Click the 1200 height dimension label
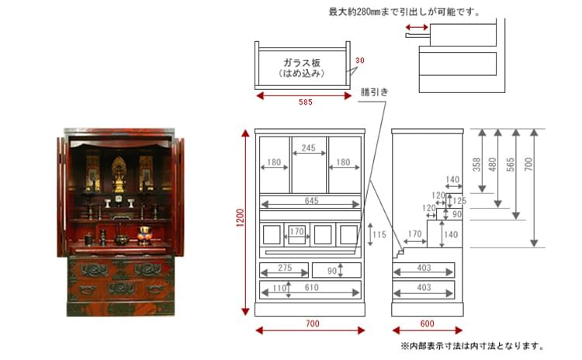241,218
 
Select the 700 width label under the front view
313,324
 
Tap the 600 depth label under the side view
428,324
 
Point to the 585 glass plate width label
306,102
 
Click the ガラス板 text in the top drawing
302,62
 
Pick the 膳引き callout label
375,92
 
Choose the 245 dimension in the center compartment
308,147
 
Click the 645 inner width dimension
311,201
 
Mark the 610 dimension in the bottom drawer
311,288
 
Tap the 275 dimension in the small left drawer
285,268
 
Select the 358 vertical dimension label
476,164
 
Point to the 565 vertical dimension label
511,164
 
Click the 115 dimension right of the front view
379,234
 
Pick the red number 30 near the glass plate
359,60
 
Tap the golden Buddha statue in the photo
119,175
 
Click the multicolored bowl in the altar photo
144,235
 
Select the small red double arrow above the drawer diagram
417,27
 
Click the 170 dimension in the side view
414,234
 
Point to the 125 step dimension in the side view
459,201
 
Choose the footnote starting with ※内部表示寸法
472,346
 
